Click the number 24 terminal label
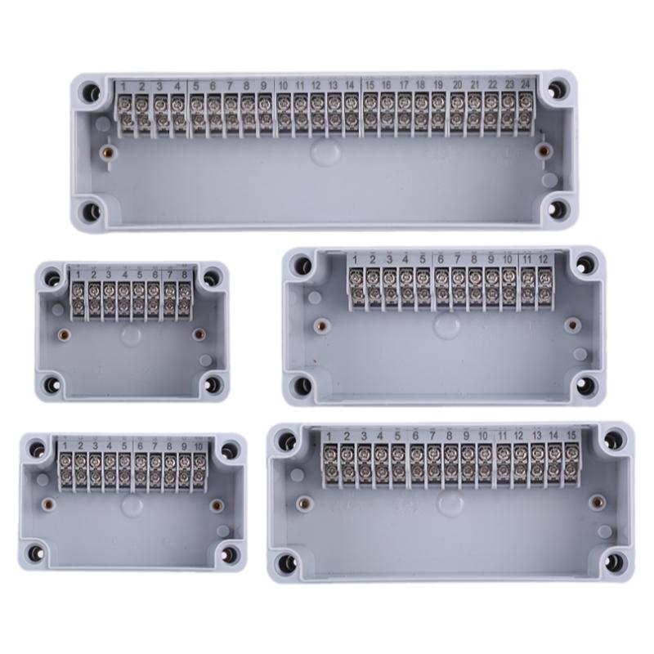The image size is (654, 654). click(526, 84)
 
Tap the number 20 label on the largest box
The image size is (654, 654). click(457, 85)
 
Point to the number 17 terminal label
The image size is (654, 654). click(404, 85)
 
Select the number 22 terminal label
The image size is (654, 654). click(493, 84)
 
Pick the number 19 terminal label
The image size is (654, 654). click(438, 85)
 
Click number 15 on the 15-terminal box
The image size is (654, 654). click(571, 435)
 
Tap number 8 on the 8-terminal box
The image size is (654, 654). click(185, 275)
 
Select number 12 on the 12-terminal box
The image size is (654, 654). click(543, 259)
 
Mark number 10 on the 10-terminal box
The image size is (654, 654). click(199, 446)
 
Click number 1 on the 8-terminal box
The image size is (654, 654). click(78, 275)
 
